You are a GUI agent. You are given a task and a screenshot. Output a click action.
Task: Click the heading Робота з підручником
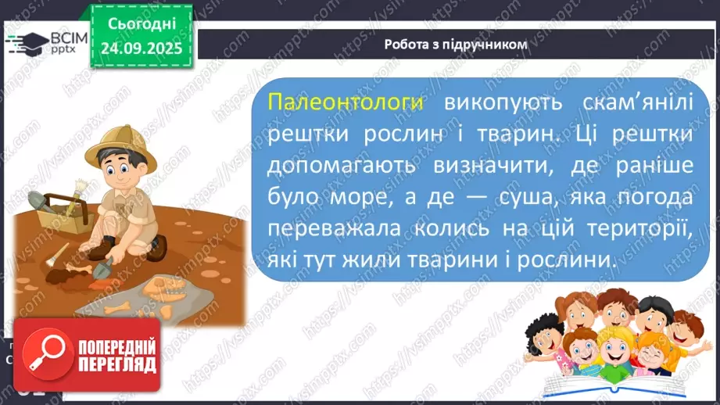[456, 45]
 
